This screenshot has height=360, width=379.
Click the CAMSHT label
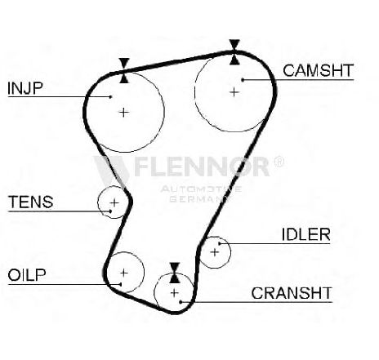pos(318,70)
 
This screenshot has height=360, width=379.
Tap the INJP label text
pos(25,88)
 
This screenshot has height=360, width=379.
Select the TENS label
pos(31,202)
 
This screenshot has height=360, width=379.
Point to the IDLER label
pos(305,234)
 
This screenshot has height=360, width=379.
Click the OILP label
pos(27,275)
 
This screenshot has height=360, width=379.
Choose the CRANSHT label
pos(292,293)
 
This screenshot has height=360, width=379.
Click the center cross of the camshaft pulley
pos(234,92)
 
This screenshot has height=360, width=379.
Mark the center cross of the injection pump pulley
pos(124,113)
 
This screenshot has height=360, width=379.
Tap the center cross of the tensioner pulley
pos(114,202)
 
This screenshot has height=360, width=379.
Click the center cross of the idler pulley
pos(215,252)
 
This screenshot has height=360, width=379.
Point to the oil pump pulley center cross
pos(124,273)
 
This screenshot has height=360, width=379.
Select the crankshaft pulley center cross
pos(174,293)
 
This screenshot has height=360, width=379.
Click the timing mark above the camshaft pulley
pos(234,52)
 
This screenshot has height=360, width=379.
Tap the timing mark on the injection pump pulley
pos(124,70)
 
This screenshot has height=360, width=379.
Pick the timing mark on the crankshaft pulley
pos(175,273)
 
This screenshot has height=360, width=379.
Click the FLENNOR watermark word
pos(202,167)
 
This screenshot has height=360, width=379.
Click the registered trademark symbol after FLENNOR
pos(279,162)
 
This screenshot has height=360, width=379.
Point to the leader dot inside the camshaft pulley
pos(243,80)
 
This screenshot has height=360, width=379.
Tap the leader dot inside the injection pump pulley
pos(110,96)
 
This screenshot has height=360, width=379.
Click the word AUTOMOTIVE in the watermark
pos(201,189)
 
